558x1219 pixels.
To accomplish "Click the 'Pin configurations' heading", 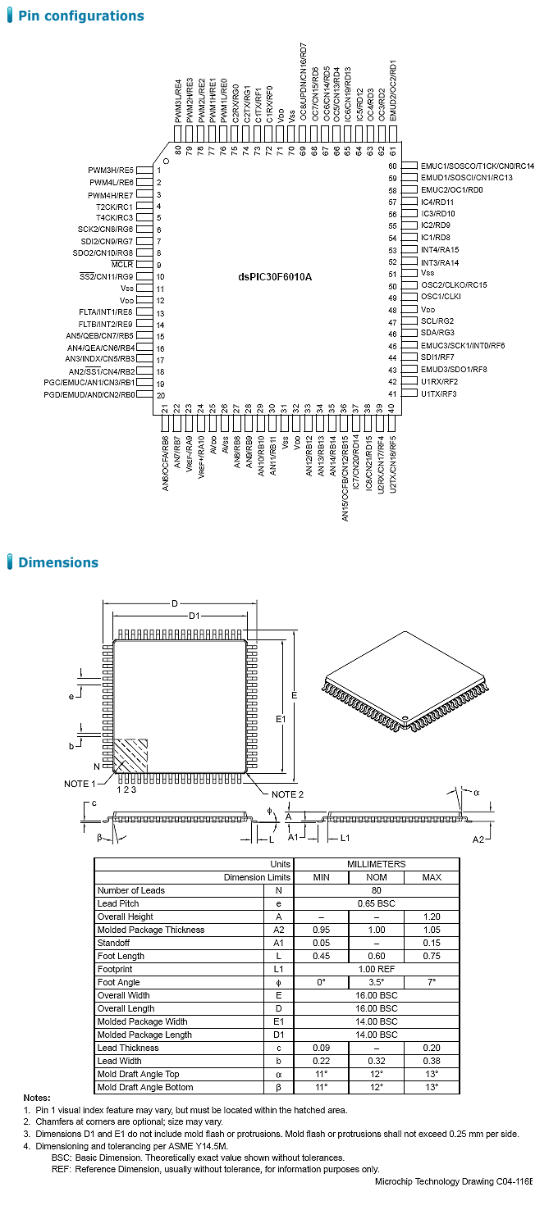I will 80,16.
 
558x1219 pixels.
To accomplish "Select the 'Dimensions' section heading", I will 57,562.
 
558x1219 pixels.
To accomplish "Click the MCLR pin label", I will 122,265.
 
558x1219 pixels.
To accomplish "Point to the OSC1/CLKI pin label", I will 441,297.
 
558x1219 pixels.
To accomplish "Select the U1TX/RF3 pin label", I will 438,393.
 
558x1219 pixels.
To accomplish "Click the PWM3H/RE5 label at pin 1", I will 111,170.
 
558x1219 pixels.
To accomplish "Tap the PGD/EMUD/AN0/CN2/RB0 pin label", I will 89,394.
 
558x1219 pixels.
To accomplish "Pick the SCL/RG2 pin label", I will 437,321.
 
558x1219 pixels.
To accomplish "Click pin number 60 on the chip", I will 392,166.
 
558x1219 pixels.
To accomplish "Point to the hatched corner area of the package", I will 130,755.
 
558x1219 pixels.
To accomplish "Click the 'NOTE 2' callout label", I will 287,794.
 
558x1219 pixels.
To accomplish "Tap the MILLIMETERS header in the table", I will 376,864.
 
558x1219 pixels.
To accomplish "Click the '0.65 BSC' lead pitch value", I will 376,903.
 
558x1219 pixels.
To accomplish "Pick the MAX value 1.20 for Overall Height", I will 431,917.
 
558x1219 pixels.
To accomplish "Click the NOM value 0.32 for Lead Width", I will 376,1061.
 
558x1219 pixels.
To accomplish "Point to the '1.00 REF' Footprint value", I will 376,969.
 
